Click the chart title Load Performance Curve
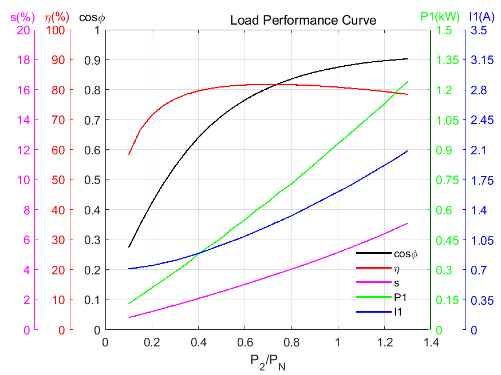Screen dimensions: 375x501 (303, 21)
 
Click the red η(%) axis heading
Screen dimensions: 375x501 (57, 17)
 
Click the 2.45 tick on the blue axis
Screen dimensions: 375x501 (482, 120)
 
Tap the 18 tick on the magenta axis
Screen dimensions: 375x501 (23, 60)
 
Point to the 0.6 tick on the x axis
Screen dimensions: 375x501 (244, 342)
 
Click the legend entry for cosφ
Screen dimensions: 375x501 (405, 253)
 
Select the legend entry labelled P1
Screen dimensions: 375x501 (400, 297)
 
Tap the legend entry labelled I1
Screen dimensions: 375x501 (399, 312)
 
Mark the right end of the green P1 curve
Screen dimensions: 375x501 (408, 82)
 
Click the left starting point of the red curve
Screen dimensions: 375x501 (129, 154)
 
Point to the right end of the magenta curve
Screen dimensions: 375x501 (408, 224)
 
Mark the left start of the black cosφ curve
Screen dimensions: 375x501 (129, 247)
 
